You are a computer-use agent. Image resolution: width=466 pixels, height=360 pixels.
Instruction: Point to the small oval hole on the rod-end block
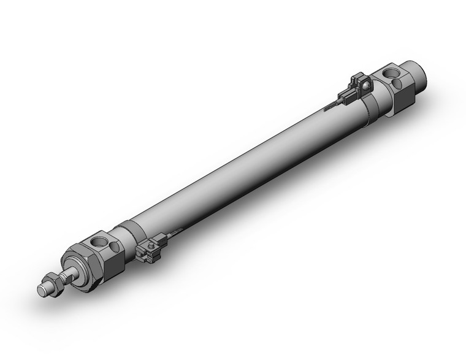(x=114, y=247)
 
